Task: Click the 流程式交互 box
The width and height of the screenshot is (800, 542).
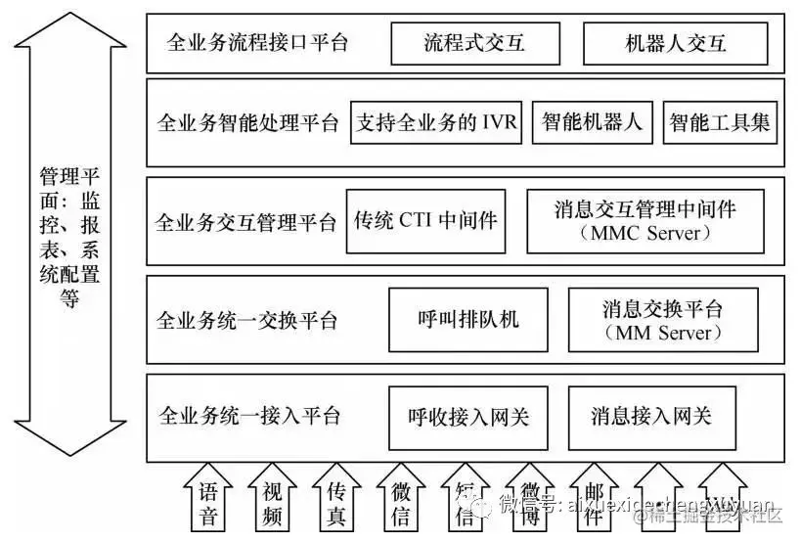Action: (x=474, y=43)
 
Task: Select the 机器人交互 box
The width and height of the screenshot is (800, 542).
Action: (x=675, y=43)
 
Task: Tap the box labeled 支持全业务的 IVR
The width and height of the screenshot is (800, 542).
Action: (x=435, y=123)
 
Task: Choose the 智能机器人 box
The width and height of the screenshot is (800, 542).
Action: (x=593, y=123)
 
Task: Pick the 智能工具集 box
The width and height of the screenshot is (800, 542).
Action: (x=721, y=123)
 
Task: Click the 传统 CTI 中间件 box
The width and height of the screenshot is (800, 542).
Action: (x=425, y=220)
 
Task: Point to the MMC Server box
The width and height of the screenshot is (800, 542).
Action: (x=644, y=220)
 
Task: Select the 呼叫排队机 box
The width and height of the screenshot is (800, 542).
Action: (x=467, y=320)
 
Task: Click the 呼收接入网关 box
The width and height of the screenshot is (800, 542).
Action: (x=467, y=417)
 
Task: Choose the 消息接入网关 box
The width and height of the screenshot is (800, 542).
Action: (x=650, y=417)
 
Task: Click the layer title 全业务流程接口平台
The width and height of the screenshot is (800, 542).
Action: (x=257, y=43)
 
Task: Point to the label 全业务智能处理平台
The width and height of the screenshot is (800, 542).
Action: (x=247, y=123)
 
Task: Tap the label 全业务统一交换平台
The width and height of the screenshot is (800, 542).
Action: (x=247, y=320)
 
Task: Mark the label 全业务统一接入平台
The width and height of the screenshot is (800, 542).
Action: (x=249, y=416)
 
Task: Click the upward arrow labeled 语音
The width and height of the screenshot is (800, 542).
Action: (x=208, y=501)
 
